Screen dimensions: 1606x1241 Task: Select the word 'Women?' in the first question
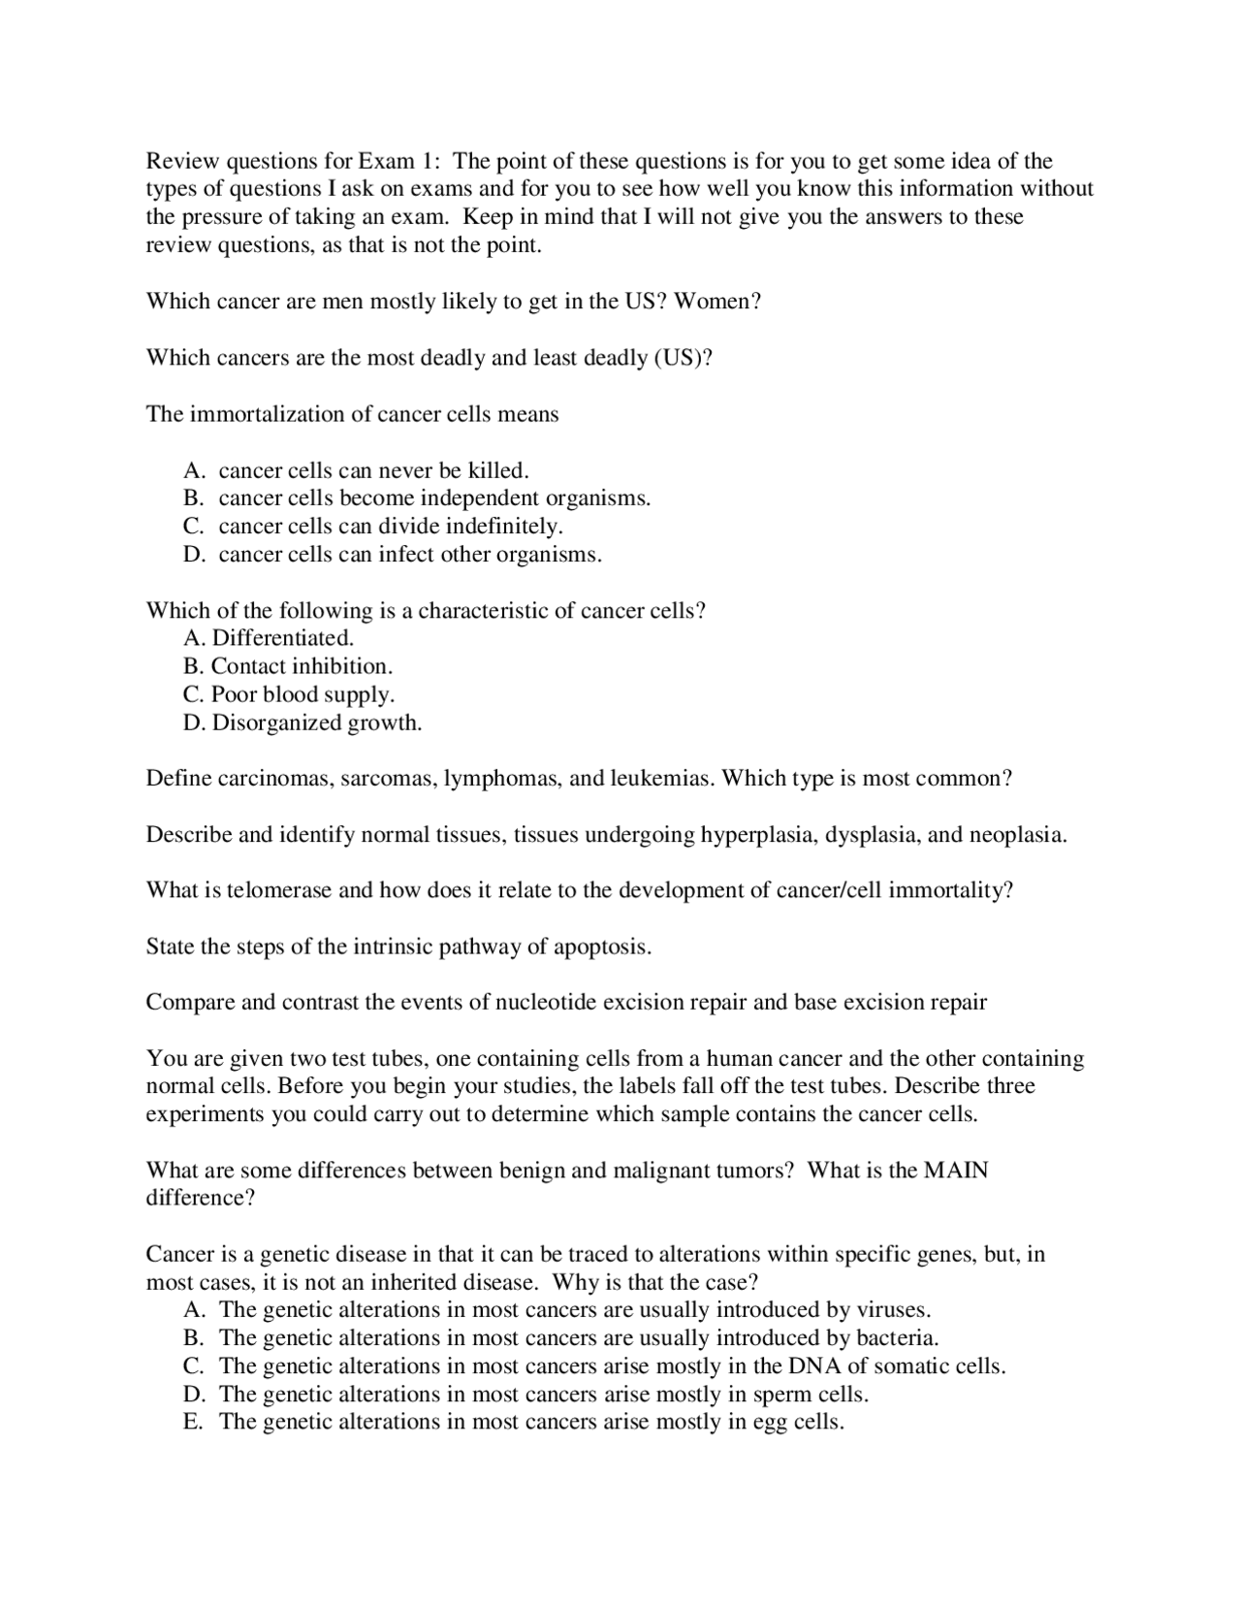pos(717,302)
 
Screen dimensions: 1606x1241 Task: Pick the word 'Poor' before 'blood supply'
pos(234,694)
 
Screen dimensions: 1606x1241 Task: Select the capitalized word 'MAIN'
pos(956,1171)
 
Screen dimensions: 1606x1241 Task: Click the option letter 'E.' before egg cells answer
pos(193,1423)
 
